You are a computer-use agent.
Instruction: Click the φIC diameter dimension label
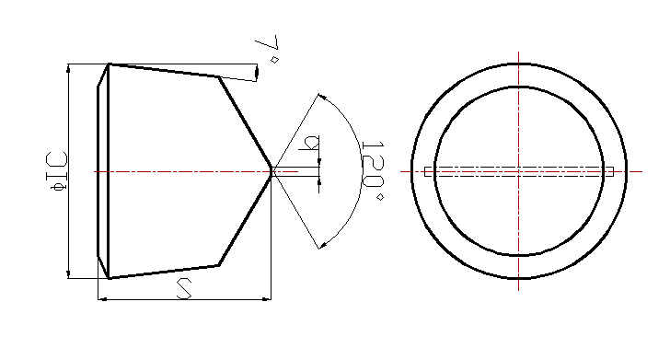point(56,171)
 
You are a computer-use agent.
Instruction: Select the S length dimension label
point(184,288)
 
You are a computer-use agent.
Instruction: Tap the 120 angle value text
point(373,164)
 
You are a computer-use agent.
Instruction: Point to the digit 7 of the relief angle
point(268,42)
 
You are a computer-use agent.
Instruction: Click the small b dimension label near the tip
point(309,144)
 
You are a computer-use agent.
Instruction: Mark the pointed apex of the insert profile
point(271,171)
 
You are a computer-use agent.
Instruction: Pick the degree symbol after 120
point(379,197)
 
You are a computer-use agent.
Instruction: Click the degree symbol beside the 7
point(275,60)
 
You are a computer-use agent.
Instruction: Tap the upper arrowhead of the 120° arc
point(323,97)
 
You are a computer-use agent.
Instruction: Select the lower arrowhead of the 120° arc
point(323,246)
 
